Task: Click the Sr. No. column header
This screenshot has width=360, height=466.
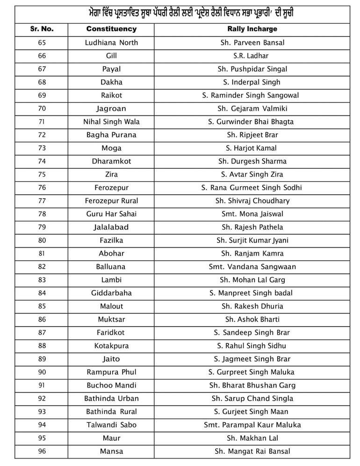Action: [x=42, y=29]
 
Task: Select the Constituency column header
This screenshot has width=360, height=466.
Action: [x=111, y=29]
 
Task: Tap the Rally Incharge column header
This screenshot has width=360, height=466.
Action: [x=252, y=29]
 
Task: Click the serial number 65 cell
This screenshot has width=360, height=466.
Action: [x=42, y=43]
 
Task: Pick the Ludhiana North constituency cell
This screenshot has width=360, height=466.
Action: [x=111, y=43]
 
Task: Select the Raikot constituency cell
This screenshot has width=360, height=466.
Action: [x=111, y=95]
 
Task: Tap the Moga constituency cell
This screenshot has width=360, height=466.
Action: [x=111, y=148]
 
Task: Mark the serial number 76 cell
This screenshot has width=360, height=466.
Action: [x=42, y=187]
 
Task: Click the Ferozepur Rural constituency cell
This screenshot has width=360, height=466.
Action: [x=111, y=201]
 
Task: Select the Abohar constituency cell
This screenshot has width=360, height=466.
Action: [x=111, y=253]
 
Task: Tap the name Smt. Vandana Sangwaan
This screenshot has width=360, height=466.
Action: [x=252, y=267]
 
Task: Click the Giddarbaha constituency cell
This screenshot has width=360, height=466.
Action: [x=111, y=293]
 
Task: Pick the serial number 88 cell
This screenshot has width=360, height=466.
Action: [x=42, y=346]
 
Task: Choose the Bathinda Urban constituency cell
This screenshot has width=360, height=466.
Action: [x=111, y=399]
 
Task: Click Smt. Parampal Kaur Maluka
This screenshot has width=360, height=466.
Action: [x=252, y=425]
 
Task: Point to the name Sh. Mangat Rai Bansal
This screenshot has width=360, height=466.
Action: [x=252, y=452]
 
